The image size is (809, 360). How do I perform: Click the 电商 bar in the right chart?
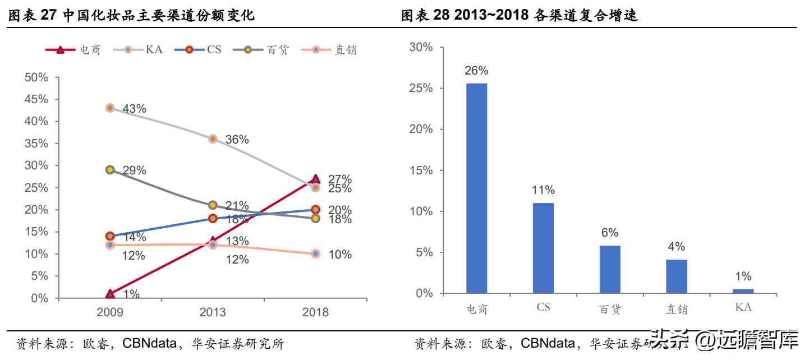coord(476,188)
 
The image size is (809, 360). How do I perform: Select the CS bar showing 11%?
coord(543,248)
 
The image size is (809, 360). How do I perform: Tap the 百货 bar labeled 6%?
coord(610,269)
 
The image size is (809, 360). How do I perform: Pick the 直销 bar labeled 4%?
coord(677,276)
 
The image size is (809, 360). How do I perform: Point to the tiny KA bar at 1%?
coord(743,291)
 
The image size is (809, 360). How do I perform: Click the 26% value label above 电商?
coord(476,71)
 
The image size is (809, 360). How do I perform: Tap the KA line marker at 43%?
coord(110,108)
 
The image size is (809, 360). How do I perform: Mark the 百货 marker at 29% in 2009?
coord(110,170)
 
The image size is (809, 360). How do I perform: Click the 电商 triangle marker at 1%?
coord(110,294)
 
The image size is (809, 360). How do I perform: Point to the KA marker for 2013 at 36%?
coord(213,139)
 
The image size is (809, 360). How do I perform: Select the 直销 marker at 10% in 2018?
coord(315,254)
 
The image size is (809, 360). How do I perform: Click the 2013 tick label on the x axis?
coord(213,312)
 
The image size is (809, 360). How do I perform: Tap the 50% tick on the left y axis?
coord(36,77)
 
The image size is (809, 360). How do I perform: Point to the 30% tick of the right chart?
coord(421,47)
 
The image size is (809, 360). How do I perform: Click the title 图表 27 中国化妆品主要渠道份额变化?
coord(132,16)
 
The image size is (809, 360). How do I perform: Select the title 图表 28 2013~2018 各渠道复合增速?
coord(520,16)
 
